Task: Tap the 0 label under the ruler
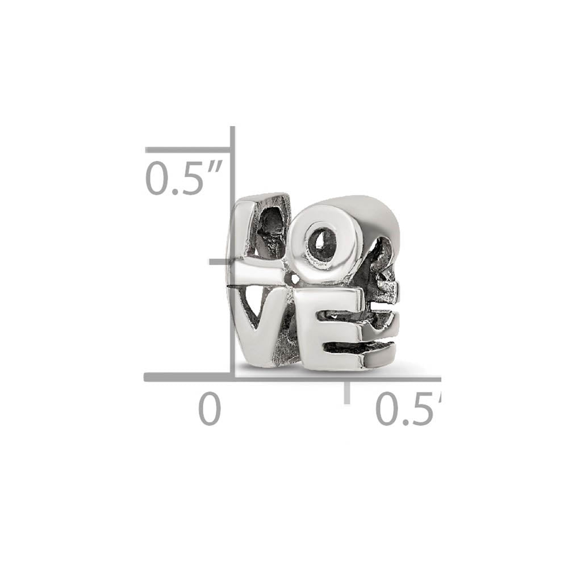pyautogui.click(x=209, y=410)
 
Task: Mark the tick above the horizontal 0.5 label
pyautogui.click(x=346, y=392)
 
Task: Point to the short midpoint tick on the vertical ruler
pyautogui.click(x=220, y=262)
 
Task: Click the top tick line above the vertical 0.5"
pyautogui.click(x=187, y=150)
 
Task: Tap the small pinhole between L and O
pyautogui.click(x=293, y=278)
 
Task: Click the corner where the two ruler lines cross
pyautogui.click(x=232, y=377)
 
